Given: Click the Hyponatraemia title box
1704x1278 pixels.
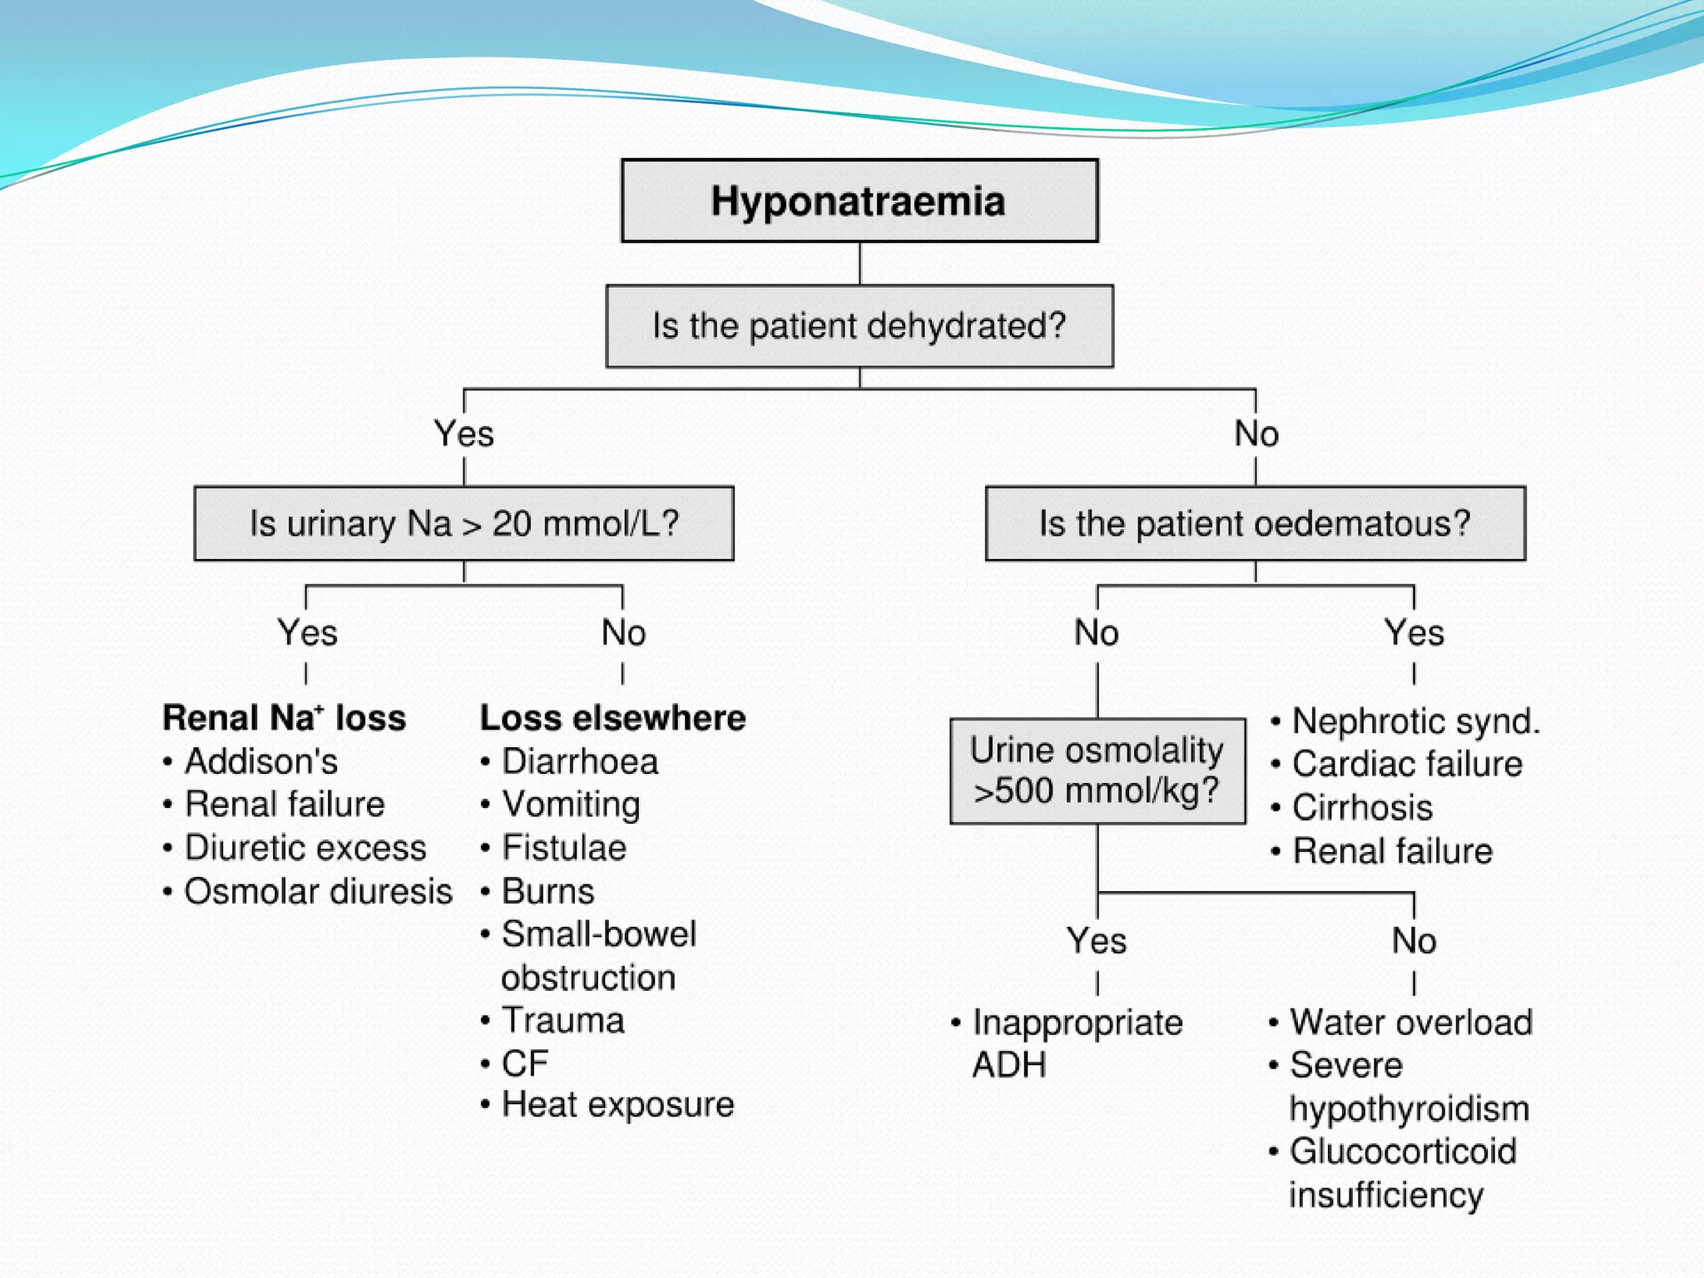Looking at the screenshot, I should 859,201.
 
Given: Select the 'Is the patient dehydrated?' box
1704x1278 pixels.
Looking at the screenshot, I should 859,326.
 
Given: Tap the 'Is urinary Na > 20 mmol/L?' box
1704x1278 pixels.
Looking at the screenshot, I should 463,523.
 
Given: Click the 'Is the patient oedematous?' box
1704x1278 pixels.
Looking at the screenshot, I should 1255,523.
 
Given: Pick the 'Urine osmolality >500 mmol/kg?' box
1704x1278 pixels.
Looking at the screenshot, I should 1097,770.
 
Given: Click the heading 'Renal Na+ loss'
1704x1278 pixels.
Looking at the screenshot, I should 284,718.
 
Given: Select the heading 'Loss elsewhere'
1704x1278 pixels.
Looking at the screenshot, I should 612,718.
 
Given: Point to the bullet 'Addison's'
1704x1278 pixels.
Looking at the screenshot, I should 260,761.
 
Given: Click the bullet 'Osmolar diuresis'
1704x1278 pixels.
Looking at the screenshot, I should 317,891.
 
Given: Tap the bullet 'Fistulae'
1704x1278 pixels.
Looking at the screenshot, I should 563,848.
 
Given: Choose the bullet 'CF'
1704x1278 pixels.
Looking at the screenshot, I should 525,1063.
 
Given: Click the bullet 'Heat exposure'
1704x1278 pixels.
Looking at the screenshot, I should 617,1105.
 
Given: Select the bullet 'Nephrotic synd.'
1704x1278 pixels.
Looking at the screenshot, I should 1415,721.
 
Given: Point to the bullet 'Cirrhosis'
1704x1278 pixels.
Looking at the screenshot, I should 1362,808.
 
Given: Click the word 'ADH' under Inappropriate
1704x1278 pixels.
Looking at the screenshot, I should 1008,1065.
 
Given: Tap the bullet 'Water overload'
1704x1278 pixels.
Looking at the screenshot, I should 1410,1023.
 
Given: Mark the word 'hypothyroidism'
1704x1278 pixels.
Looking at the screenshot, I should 1409,1109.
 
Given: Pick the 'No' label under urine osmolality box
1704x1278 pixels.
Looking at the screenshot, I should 1414,941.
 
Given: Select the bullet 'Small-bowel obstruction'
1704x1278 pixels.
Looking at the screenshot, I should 598,955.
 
